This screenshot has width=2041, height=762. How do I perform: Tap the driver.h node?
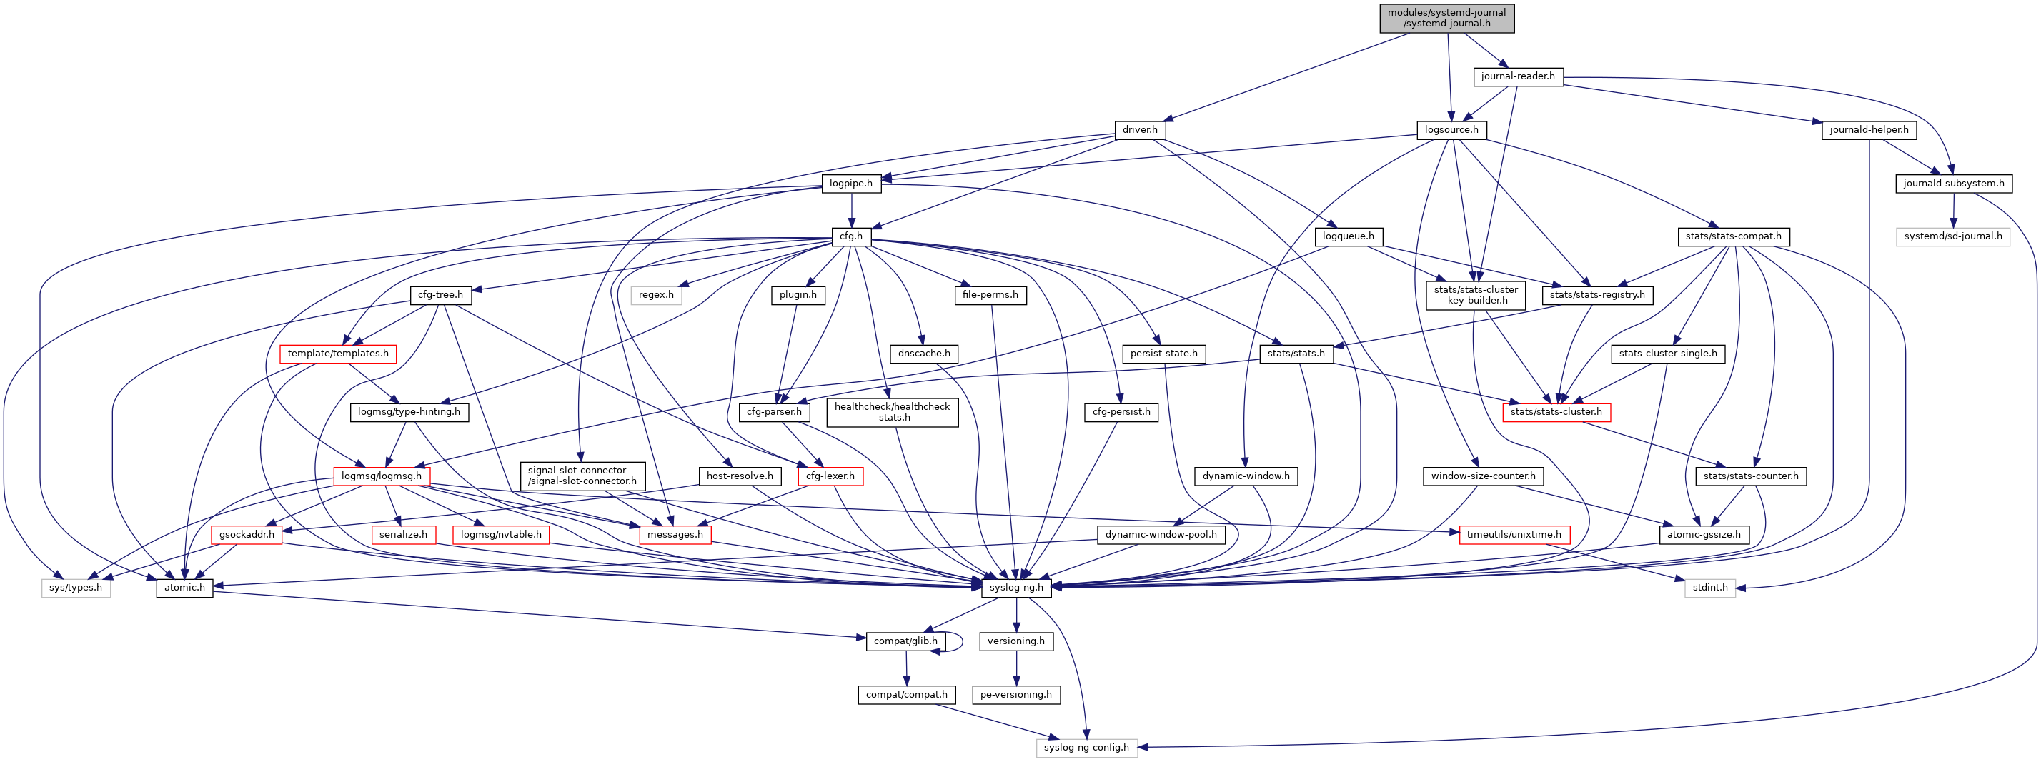pos(1139,130)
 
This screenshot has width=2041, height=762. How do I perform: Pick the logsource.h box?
pos(1451,130)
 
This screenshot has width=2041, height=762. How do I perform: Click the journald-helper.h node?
pos(1868,130)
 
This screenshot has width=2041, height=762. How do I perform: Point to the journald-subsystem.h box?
pos(1953,184)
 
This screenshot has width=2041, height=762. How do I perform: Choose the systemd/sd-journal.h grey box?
pos(1952,237)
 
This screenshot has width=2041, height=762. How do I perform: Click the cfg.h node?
pos(851,237)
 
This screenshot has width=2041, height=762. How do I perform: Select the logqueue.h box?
pos(1348,237)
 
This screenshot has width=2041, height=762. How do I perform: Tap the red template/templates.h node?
pos(337,354)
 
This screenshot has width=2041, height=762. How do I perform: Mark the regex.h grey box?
pos(656,296)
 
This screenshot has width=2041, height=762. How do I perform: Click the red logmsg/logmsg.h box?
pos(382,477)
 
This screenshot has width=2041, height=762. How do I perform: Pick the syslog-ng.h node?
pos(1015,588)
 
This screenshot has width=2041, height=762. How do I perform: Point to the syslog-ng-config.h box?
pos(1086,748)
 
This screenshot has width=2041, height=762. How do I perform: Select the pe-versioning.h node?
pos(1015,695)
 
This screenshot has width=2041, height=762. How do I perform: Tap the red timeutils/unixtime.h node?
pos(1514,536)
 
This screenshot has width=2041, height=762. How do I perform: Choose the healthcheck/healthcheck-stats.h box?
pos(891,413)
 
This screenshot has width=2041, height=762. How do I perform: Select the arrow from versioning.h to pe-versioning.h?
pos(1016,668)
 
